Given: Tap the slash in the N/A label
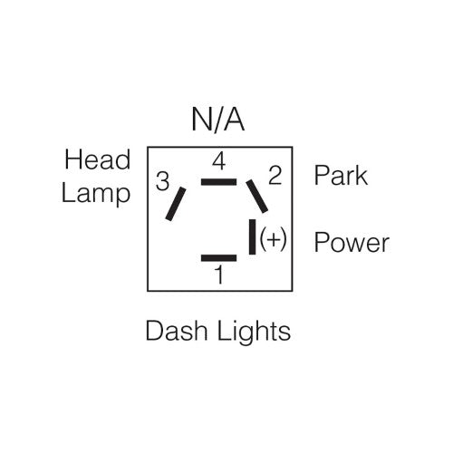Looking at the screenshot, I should pos(218,120).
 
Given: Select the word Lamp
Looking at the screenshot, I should pos(96,193).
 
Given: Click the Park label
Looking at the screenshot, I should pos(341,175).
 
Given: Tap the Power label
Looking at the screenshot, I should pos(352,243).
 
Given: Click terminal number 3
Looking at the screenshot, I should pos(163,182).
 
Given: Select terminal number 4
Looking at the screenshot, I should pos(218,163).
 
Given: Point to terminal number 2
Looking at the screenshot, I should pos(275,175).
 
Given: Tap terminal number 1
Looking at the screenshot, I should pos(218,275).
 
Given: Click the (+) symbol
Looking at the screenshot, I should pos(273,240).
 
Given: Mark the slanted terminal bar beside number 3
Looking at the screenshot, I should pos(176,204).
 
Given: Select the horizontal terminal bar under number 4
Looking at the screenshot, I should pos(218,181).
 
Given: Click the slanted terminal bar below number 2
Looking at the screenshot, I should pos(257,196).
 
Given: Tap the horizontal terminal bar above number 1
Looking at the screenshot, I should pos(218,258).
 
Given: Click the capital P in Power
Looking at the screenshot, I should pos(321,243).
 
